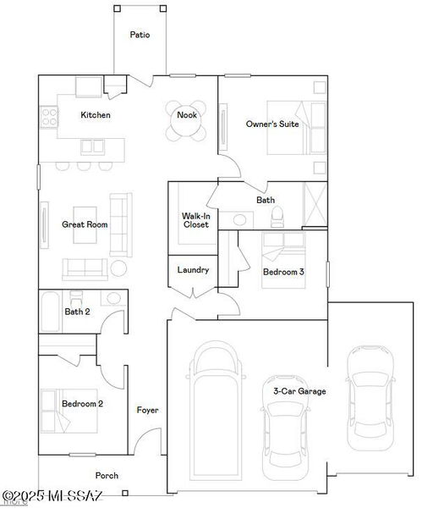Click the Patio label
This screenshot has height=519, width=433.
click(140, 36)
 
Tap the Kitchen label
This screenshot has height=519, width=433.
click(95, 115)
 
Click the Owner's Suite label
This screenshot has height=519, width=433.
click(271, 124)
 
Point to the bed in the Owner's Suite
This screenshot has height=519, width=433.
click(296, 128)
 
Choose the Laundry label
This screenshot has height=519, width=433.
click(192, 270)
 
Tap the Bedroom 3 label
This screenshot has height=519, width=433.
click(283, 272)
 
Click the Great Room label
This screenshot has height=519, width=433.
click(85, 224)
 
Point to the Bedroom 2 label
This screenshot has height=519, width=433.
click(82, 404)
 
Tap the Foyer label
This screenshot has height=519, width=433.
click(147, 411)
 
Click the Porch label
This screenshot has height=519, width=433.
click(106, 475)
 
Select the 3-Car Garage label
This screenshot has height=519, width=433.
click(299, 391)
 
